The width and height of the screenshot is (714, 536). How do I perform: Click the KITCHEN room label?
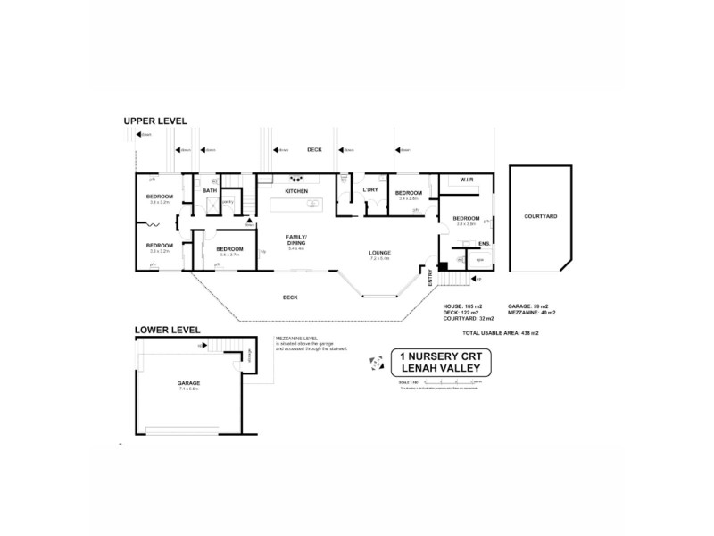coord(296,192)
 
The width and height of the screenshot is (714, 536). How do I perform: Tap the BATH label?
coord(210,190)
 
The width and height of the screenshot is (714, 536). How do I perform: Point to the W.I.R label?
coord(466,180)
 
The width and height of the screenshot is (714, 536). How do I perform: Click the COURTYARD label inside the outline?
coord(541,216)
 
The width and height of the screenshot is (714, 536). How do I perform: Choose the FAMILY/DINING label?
coord(295,239)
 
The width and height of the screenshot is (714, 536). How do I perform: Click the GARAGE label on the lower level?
coord(187,382)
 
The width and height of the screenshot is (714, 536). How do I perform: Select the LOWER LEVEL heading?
coord(167,330)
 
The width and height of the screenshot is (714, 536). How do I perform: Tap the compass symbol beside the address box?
coord(375,362)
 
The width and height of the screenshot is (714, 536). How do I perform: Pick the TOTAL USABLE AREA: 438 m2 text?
coord(501,332)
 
